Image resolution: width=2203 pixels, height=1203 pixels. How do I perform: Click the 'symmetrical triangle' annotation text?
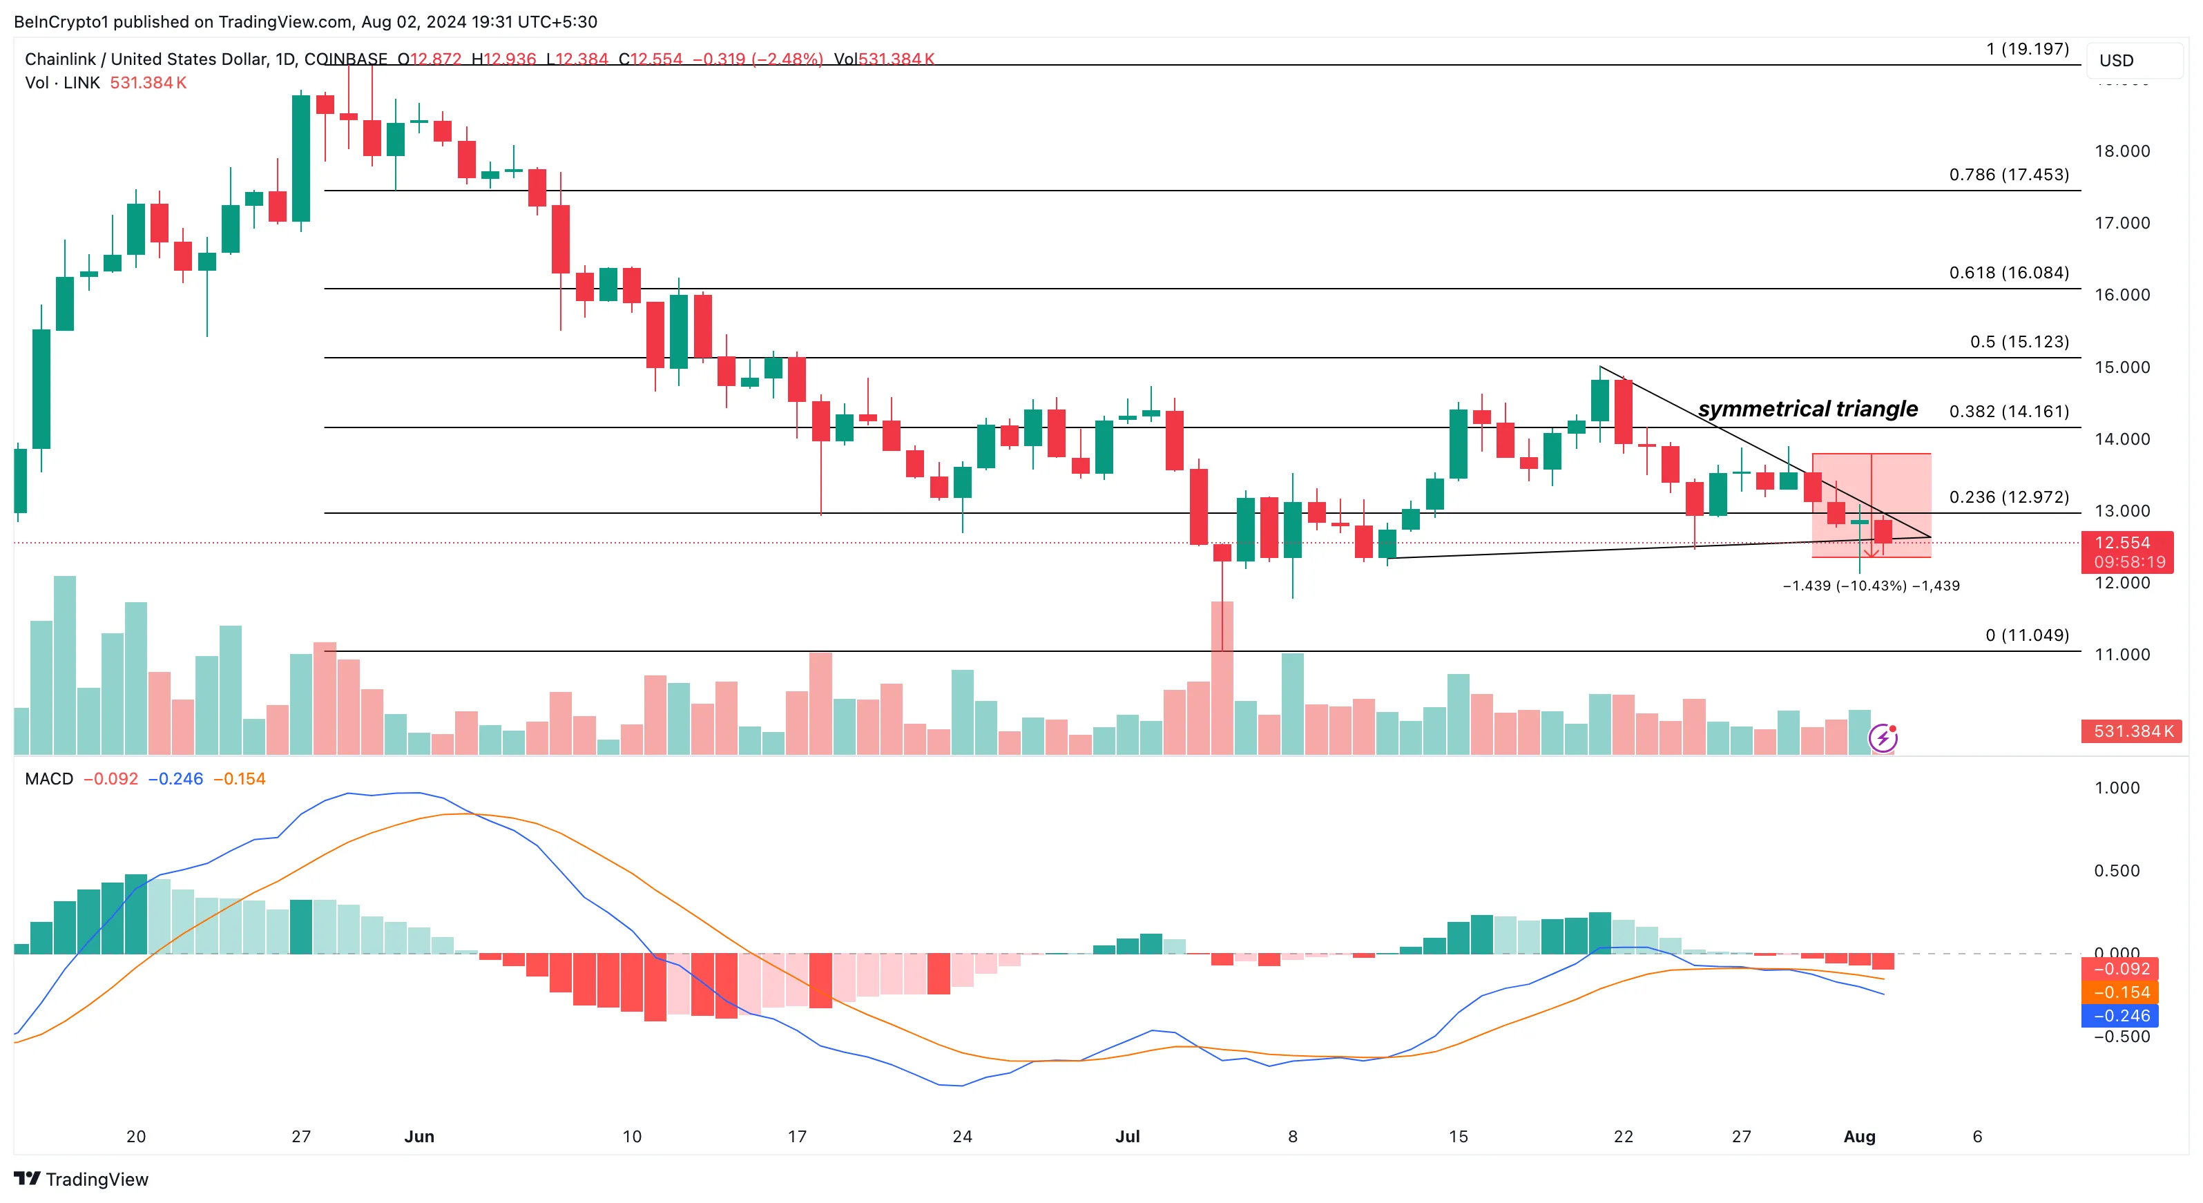[1807, 409]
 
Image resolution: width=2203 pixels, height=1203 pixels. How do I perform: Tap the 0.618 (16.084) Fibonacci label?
[2008, 273]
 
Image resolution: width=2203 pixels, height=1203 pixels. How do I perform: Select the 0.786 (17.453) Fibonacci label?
[2008, 175]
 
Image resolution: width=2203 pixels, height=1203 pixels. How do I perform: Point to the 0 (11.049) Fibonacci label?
[2027, 635]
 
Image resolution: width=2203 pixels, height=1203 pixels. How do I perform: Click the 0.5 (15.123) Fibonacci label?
[2019, 342]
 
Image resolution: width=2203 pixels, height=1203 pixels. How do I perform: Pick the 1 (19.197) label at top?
[2027, 49]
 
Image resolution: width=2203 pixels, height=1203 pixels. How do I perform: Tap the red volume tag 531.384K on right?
[2132, 731]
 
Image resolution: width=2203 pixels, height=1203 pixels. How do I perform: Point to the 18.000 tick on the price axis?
[2122, 151]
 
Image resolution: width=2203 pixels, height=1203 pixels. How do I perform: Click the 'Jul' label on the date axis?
[1127, 1136]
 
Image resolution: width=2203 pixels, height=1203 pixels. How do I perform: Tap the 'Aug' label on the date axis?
[1859, 1136]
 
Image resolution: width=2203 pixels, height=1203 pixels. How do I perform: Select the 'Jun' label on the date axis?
[419, 1136]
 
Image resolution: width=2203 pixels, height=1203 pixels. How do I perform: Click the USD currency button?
[2117, 61]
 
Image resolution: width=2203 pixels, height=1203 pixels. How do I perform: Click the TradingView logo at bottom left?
[81, 1179]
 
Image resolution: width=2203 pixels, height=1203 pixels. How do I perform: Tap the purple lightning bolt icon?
[1883, 737]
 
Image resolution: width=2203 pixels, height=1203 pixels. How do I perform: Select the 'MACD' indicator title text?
[49, 779]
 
